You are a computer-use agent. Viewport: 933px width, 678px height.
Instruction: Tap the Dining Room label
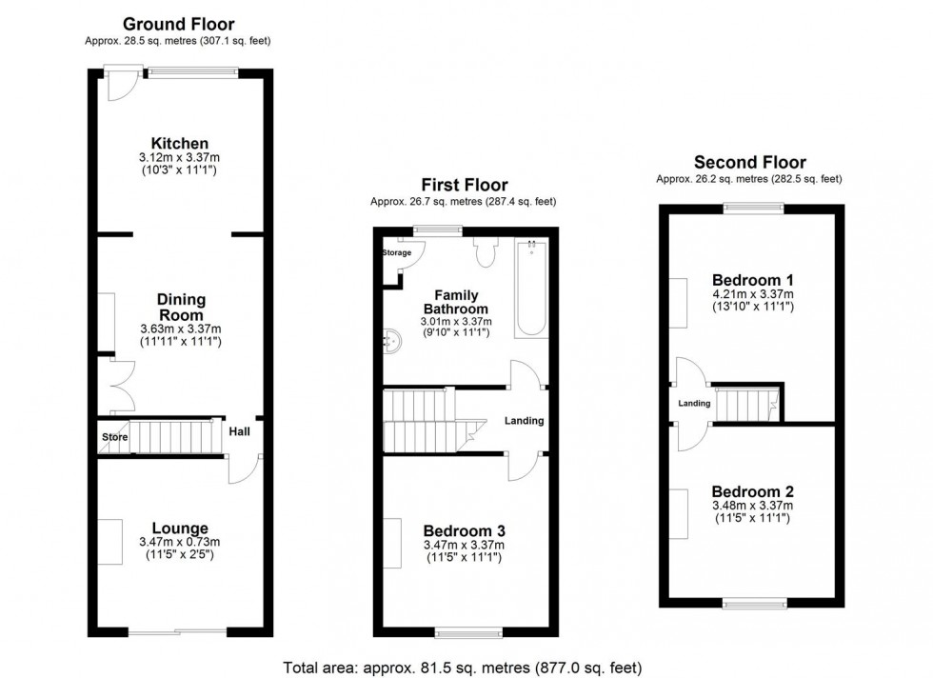tap(181, 307)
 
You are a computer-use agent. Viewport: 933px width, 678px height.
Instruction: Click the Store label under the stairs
tap(115, 437)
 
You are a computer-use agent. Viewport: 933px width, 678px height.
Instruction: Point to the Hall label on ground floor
tap(239, 431)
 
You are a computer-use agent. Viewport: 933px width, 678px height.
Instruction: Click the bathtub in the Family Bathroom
tap(531, 288)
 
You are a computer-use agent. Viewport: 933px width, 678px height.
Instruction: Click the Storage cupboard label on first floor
tap(397, 253)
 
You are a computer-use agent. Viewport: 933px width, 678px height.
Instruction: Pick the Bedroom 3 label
tap(465, 530)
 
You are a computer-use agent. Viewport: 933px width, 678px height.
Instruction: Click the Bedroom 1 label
tap(752, 280)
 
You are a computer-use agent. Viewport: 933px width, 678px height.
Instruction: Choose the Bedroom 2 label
tap(752, 490)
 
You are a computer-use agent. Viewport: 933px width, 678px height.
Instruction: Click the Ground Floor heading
tap(179, 24)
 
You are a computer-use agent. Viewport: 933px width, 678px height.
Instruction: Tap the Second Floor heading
tap(749, 163)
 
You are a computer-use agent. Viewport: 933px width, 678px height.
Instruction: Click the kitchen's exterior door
tap(121, 84)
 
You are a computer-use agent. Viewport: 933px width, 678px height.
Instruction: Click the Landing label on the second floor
tap(694, 404)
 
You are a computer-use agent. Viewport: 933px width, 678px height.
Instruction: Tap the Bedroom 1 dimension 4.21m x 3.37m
tap(752, 294)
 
